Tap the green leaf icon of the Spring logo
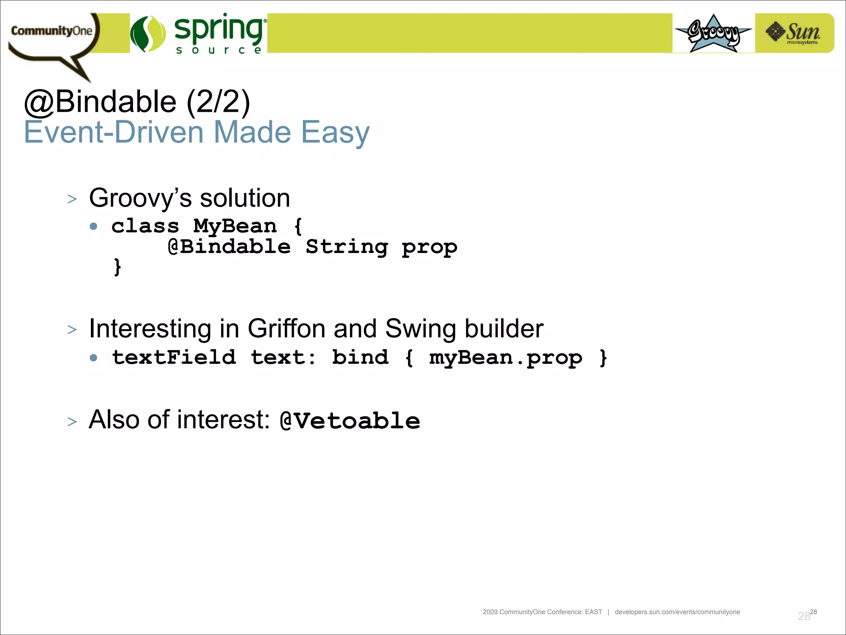click(x=147, y=34)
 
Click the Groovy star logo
click(x=713, y=33)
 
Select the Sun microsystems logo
click(x=794, y=33)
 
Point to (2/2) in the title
click(x=218, y=102)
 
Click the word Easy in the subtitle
click(x=335, y=132)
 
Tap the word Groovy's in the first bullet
click(x=140, y=198)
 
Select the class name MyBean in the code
click(x=235, y=227)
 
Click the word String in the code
click(x=347, y=247)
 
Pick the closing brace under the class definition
click(x=117, y=267)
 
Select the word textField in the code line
click(x=174, y=357)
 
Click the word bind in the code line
click(x=360, y=357)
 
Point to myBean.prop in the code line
click(x=506, y=358)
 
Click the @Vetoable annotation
click(x=350, y=421)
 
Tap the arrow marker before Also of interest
click(x=72, y=422)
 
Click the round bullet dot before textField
click(x=94, y=358)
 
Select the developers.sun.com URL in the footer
click(x=677, y=612)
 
